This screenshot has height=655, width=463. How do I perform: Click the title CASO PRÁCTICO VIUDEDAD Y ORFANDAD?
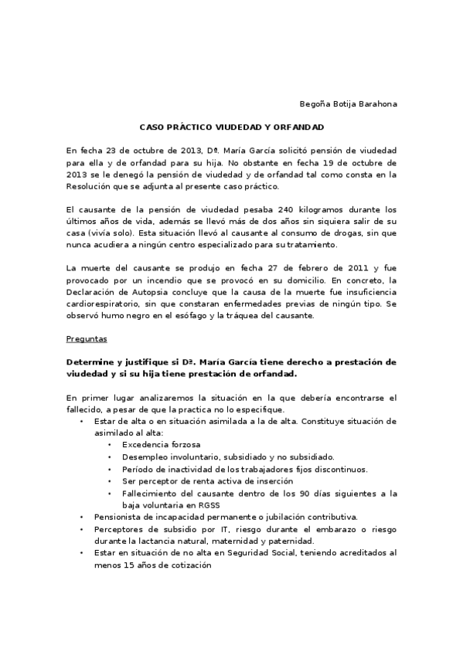coord(231,127)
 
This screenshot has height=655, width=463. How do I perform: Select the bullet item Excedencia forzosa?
coord(151,445)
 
